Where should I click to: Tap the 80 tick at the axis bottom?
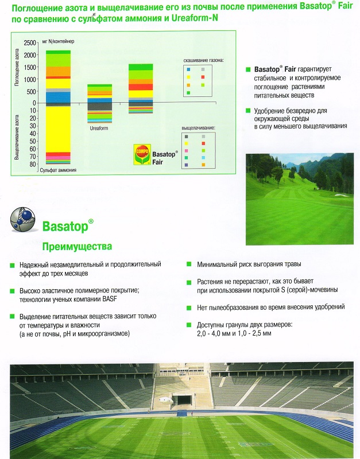click(33, 164)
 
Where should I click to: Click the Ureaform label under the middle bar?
click(99, 128)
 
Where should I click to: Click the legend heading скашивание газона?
click(203, 60)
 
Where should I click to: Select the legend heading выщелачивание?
click(198, 127)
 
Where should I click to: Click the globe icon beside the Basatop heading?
click(24, 220)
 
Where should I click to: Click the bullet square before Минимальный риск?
click(189, 265)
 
